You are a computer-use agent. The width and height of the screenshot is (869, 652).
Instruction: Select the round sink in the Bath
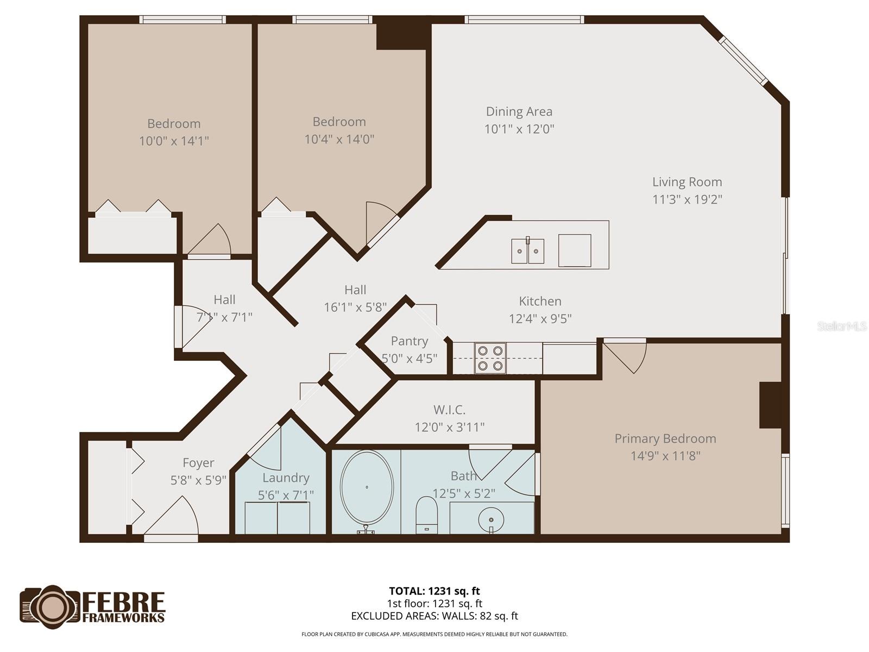pyautogui.click(x=491, y=519)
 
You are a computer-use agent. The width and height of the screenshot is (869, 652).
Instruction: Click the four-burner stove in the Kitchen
pyautogui.click(x=490, y=358)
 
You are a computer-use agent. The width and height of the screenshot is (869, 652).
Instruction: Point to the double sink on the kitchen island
pyautogui.click(x=527, y=251)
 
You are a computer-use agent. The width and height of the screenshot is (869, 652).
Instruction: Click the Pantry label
pyautogui.click(x=410, y=341)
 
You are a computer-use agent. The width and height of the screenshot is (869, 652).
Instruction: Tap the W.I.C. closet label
pyautogui.click(x=449, y=410)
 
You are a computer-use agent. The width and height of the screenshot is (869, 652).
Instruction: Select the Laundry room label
pyautogui.click(x=286, y=478)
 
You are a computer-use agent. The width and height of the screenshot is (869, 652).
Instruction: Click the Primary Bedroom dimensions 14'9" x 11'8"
pyautogui.click(x=665, y=456)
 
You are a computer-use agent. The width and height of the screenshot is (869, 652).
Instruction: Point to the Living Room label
pyautogui.click(x=687, y=182)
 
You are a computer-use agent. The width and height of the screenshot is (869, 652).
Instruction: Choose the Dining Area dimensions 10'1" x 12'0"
pyautogui.click(x=519, y=129)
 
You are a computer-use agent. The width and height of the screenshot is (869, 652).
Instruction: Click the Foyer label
pyautogui.click(x=198, y=463)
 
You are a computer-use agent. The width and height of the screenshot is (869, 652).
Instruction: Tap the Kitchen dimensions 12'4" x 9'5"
pyautogui.click(x=540, y=319)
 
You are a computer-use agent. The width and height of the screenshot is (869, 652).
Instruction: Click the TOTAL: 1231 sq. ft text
pyautogui.click(x=434, y=591)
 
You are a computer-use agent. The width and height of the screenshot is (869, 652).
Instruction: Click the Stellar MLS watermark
pyautogui.click(x=841, y=327)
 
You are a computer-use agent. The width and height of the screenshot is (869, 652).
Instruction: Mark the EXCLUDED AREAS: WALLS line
pyautogui.click(x=434, y=616)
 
